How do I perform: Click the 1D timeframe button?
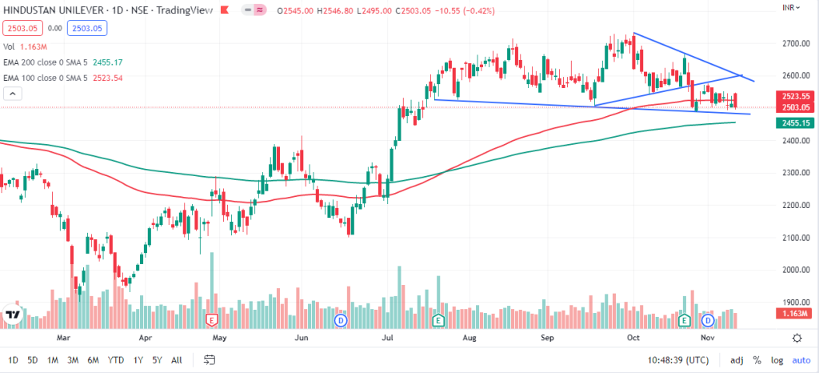tap(13, 360)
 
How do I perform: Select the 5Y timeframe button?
tap(158, 360)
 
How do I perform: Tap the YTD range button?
tap(116, 360)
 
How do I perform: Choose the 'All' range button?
tap(177, 360)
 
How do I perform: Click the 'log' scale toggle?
tap(776, 360)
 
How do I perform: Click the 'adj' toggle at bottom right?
tap(737, 360)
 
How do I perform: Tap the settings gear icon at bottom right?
tap(797, 338)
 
